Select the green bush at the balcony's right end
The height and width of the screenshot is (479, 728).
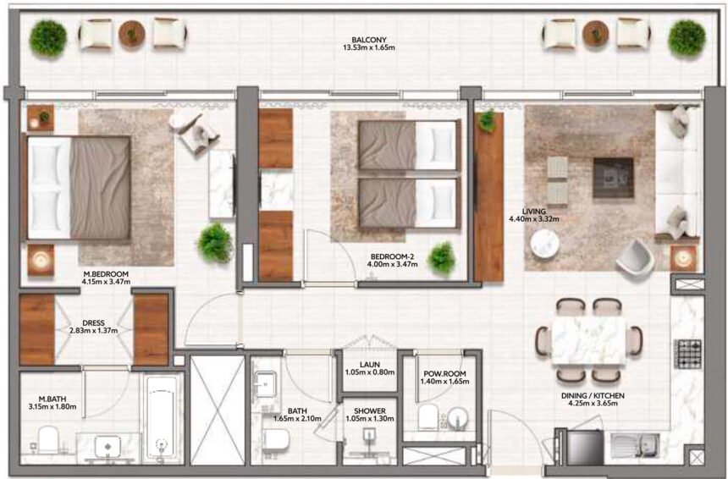[x=686, y=37]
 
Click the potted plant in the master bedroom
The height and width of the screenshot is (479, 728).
[x=215, y=243]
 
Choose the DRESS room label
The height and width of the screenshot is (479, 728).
[x=93, y=322]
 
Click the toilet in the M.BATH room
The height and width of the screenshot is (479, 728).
[x=48, y=439]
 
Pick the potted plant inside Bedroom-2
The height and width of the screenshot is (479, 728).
[x=441, y=257]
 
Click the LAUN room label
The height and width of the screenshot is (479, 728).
[x=368, y=365]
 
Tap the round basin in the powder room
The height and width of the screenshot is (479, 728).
[x=458, y=419]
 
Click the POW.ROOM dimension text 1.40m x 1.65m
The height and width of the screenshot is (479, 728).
[x=443, y=383]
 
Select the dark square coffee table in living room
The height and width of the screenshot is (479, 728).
[x=613, y=177]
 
